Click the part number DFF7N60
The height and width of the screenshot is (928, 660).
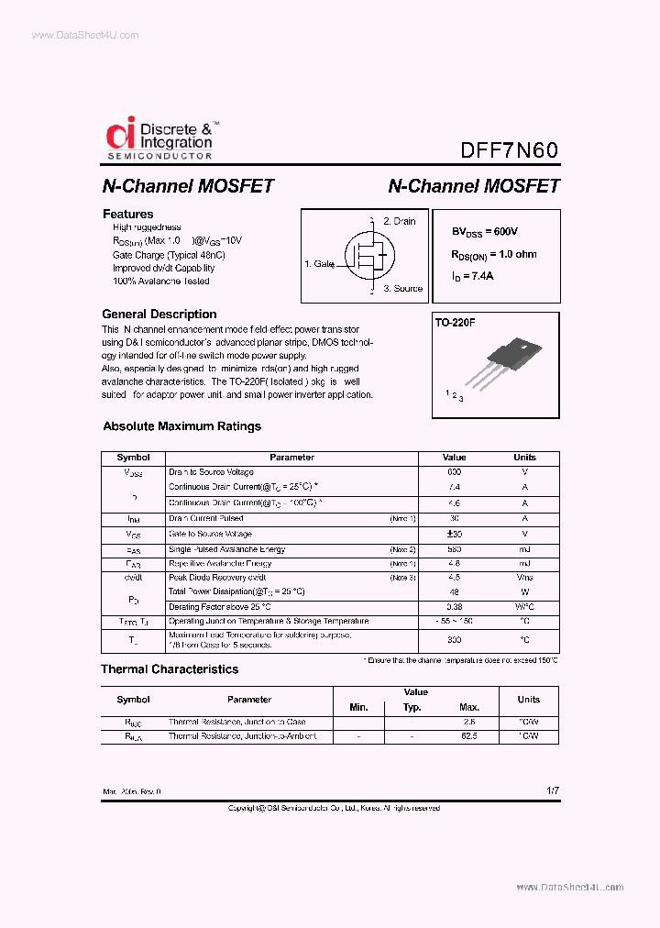[509, 149]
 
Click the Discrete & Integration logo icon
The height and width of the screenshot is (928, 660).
[121, 134]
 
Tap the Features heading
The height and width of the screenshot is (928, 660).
[127, 214]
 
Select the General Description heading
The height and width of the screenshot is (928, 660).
[159, 314]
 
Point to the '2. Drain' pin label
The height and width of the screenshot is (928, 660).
[399, 221]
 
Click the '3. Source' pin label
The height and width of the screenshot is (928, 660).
[402, 288]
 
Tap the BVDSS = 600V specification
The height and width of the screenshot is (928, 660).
[490, 232]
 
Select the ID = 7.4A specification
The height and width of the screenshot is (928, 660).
[472, 276]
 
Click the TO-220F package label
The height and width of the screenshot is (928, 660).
[456, 324]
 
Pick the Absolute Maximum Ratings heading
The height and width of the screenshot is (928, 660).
[181, 426]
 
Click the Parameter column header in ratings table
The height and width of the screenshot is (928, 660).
[291, 458]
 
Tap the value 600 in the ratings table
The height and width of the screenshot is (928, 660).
[454, 471]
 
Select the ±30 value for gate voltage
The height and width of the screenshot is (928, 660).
[454, 534]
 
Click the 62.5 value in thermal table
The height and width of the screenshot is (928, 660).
[469, 736]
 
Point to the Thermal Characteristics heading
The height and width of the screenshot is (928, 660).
[170, 669]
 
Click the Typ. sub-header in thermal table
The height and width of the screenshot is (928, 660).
[412, 707]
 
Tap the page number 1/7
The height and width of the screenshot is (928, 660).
[552, 790]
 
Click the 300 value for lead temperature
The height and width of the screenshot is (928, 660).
[454, 639]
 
